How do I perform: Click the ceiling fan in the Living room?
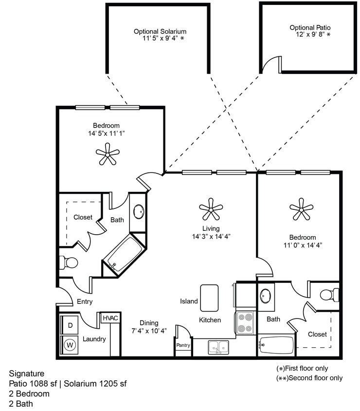[211, 209]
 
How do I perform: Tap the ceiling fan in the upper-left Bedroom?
[108, 154]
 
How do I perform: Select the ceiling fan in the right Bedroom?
[301, 209]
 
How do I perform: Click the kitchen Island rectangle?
[209, 298]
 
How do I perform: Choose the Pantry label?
[183, 345]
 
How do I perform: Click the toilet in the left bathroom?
[69, 263]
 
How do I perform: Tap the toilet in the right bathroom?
[329, 295]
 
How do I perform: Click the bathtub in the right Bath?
[276, 345]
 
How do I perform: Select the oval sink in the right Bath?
[266, 296]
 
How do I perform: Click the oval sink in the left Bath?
[139, 212]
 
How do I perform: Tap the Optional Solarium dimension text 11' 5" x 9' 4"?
[160, 39]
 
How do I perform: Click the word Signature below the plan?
[26, 374]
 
